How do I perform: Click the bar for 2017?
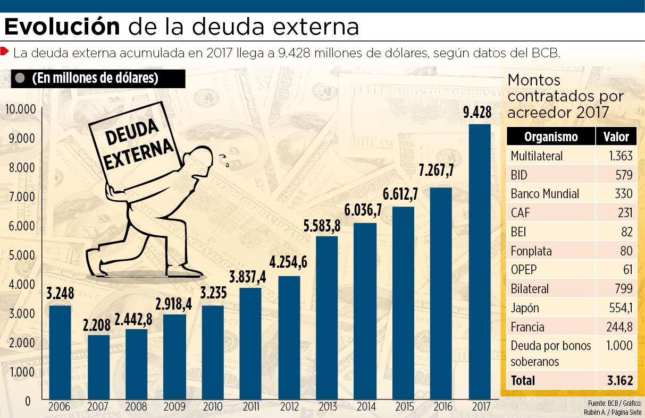480,260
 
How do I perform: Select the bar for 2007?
98,366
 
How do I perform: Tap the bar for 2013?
327,317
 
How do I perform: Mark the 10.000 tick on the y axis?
20,109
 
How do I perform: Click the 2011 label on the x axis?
250,408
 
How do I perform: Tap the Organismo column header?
550,137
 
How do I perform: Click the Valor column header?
616,137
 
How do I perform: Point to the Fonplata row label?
531,251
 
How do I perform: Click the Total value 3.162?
619,380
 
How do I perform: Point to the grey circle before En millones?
20,78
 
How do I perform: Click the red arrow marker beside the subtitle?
5,52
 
